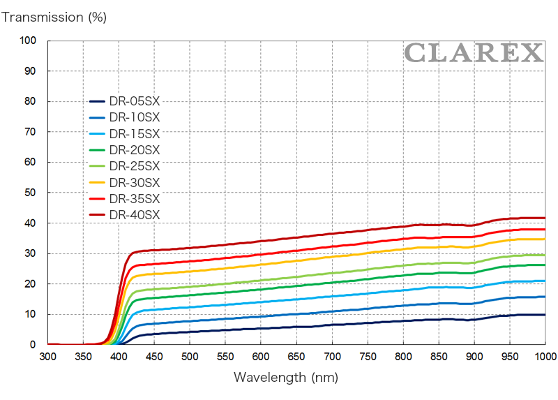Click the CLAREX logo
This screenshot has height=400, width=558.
click(x=473, y=52)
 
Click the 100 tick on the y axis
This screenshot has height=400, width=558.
click(x=27, y=40)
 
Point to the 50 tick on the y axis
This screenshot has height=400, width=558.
click(x=30, y=193)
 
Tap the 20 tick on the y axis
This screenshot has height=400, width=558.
click(x=30, y=283)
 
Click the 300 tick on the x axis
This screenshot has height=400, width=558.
click(x=48, y=357)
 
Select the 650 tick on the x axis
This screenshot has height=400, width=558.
click(x=296, y=357)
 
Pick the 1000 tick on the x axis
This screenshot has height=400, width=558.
click(x=545, y=357)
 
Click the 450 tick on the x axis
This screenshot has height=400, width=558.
click(x=154, y=357)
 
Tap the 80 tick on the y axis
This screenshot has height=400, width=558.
click(x=30, y=101)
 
